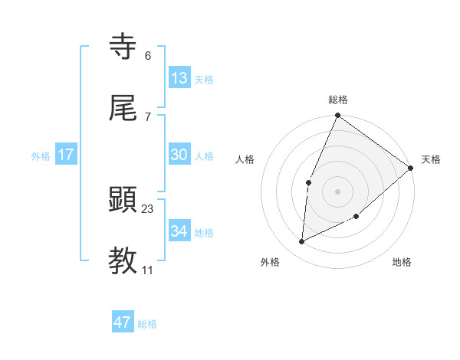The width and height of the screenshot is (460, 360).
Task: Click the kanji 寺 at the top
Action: point(123,47)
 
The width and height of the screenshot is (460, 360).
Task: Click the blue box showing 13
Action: point(179,77)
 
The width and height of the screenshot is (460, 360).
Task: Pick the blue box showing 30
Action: point(179,155)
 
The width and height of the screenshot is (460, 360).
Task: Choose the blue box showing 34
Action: point(179,231)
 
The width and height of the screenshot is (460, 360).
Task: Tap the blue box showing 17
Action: point(66,155)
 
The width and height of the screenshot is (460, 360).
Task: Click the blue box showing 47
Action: point(123,322)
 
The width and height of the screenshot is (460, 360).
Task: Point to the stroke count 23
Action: point(148,208)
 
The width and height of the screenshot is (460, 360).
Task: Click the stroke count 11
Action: point(148,270)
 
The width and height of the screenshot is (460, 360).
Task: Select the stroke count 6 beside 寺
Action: point(148,55)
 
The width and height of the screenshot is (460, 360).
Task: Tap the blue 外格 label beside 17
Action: point(41,155)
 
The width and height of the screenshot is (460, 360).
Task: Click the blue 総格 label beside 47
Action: point(147,324)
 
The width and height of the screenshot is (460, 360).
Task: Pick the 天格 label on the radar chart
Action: point(431,159)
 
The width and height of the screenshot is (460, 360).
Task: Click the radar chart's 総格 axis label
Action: point(338,100)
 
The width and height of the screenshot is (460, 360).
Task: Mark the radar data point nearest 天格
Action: point(411,168)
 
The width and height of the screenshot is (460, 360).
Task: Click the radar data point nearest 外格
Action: point(302,242)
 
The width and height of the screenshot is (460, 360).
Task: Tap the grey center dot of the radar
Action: point(337,191)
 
